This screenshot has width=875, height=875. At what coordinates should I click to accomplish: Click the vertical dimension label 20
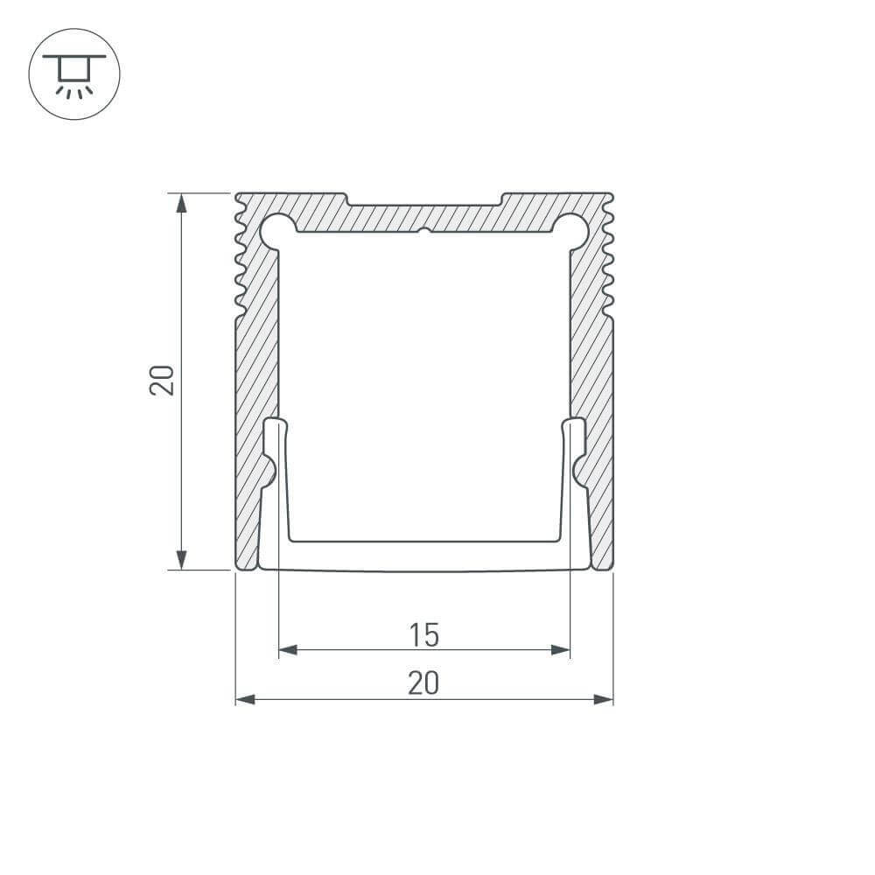click(x=163, y=381)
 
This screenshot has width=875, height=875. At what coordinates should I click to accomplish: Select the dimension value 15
click(x=423, y=634)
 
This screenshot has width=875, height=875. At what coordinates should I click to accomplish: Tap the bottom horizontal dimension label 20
click(x=423, y=683)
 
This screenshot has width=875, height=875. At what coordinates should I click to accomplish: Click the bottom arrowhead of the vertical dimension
click(x=181, y=559)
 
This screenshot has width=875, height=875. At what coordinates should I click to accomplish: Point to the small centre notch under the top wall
click(x=423, y=233)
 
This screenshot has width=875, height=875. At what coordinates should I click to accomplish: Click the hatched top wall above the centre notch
click(x=423, y=219)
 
